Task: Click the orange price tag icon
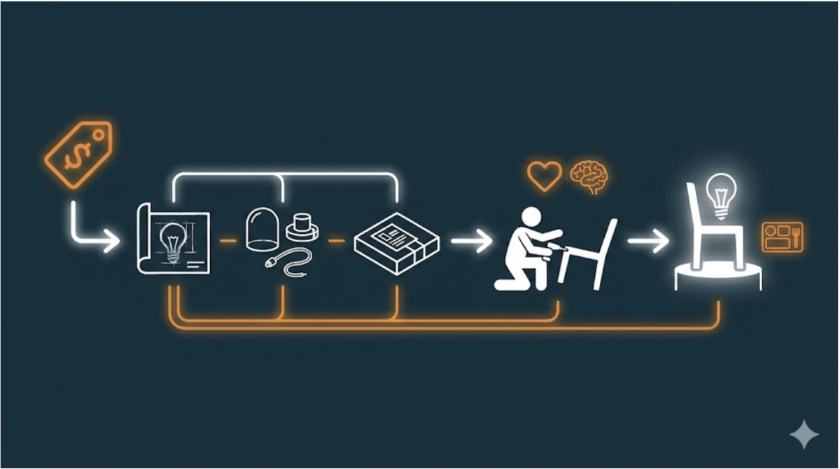tap(78, 154)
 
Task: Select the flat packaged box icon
tap(396, 241)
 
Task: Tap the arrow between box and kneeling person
tap(471, 241)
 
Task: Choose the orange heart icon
tap(544, 175)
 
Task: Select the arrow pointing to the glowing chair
tap(647, 241)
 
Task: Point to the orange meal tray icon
tap(783, 237)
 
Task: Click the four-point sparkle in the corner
tap(804, 434)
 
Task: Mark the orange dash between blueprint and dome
tap(227, 241)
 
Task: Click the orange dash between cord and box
tap(337, 241)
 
